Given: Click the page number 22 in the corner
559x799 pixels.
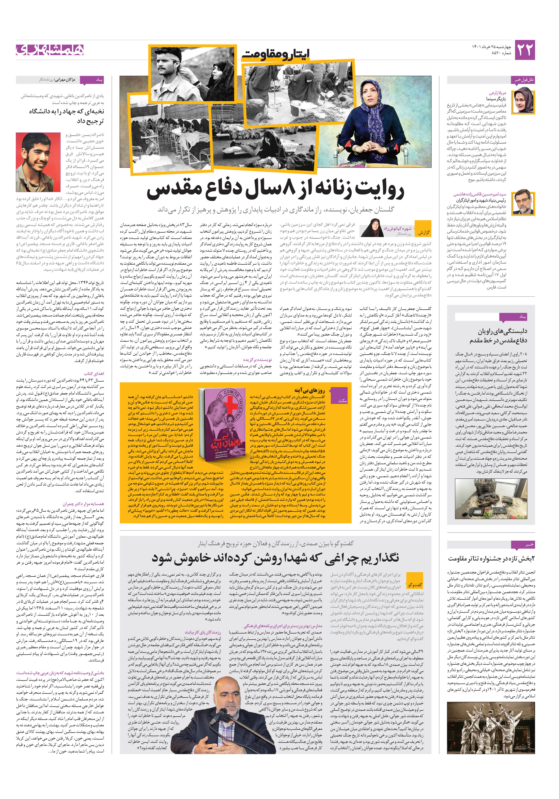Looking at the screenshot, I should point(524,50).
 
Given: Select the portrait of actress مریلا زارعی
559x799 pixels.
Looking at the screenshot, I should point(523,101).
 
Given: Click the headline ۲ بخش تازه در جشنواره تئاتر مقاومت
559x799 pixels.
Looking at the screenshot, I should point(491,559).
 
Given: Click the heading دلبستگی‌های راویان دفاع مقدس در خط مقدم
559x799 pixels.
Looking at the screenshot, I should point(498,336).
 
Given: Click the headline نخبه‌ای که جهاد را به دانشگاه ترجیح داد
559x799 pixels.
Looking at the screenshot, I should point(66,116).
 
